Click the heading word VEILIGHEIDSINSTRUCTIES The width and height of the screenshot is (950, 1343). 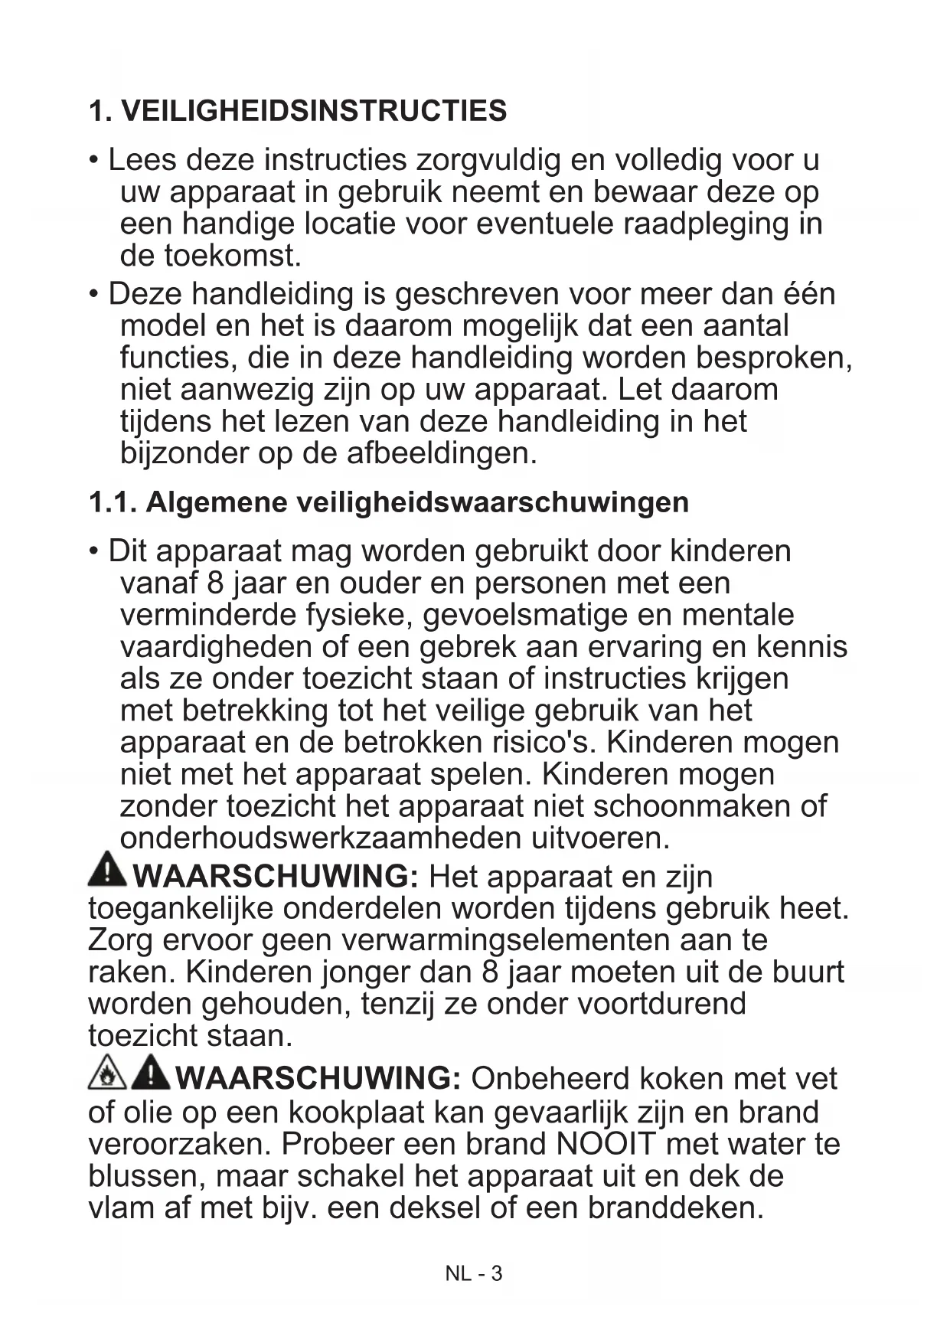click(314, 111)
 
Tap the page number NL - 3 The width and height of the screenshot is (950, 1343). click(474, 1273)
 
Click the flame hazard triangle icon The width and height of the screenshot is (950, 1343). click(106, 1074)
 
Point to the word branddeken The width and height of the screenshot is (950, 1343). click(676, 1207)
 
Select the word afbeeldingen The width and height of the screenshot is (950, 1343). click(442, 453)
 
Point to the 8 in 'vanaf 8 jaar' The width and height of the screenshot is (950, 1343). click(215, 583)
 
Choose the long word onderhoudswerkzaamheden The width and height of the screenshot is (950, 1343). click(322, 838)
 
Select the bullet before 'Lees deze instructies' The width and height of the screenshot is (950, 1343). click(94, 161)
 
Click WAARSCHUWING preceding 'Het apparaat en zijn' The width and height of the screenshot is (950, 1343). click(276, 876)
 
